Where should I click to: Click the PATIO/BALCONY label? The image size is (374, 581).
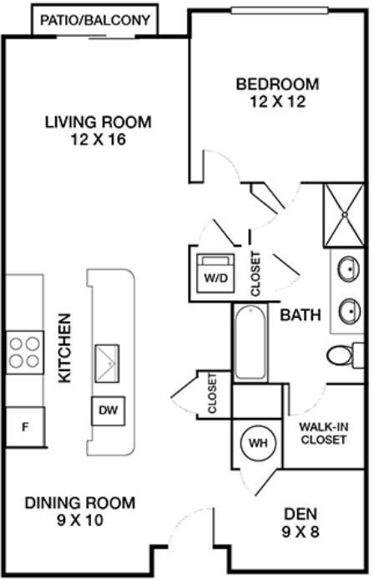[x=95, y=19]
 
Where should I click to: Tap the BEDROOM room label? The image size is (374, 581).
[x=277, y=84]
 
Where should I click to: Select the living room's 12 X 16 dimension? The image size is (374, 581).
[x=99, y=140]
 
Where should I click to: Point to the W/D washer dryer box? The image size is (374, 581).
[x=215, y=273]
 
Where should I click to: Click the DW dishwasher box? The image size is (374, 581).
[x=109, y=410]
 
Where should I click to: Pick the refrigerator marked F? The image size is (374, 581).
[x=25, y=427]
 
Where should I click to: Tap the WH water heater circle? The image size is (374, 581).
[x=258, y=442]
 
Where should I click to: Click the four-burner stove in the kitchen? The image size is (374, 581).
[x=25, y=353]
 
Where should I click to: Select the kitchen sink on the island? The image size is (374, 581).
[x=107, y=364]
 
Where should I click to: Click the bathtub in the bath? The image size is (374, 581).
[x=250, y=343]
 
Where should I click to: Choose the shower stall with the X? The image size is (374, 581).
[x=344, y=215]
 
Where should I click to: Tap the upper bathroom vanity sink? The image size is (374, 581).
[x=348, y=268]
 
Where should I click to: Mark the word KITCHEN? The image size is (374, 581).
[x=65, y=349]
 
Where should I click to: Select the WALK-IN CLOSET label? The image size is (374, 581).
[x=324, y=433]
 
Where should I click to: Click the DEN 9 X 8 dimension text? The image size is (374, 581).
[x=301, y=532]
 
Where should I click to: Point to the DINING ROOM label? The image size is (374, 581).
[x=80, y=502]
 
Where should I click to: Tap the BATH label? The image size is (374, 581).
[x=301, y=315]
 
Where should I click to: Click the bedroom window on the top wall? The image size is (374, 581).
[x=280, y=10]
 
